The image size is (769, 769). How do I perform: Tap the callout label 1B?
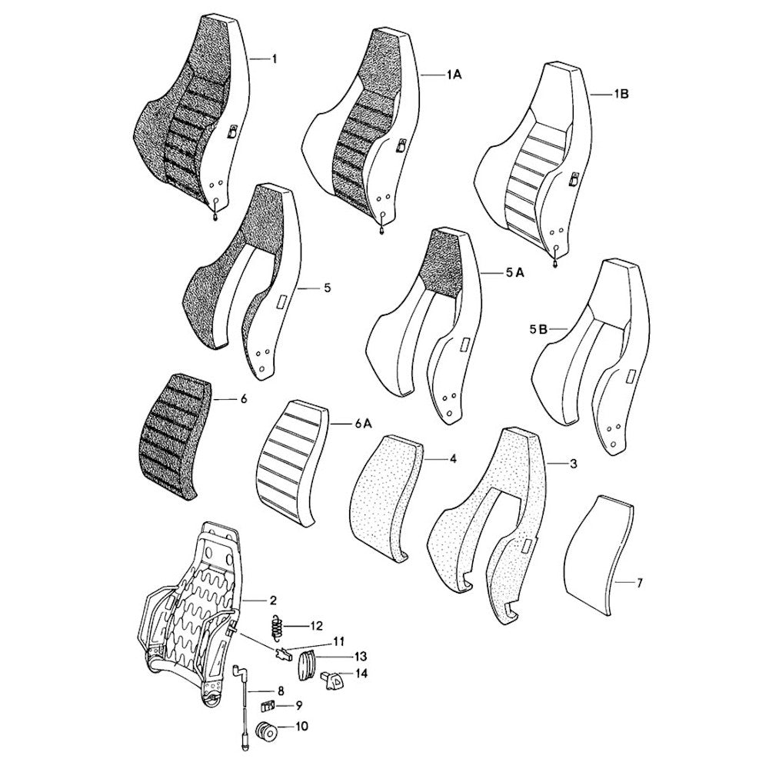pyautogui.click(x=621, y=95)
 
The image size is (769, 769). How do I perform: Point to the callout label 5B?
pyautogui.click(x=538, y=329)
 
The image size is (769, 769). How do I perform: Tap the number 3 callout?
pyautogui.click(x=573, y=464)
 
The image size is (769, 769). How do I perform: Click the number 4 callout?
pyautogui.click(x=453, y=459)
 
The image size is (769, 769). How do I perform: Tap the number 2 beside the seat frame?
pyautogui.click(x=273, y=599)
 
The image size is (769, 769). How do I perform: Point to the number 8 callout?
pyautogui.click(x=281, y=691)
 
